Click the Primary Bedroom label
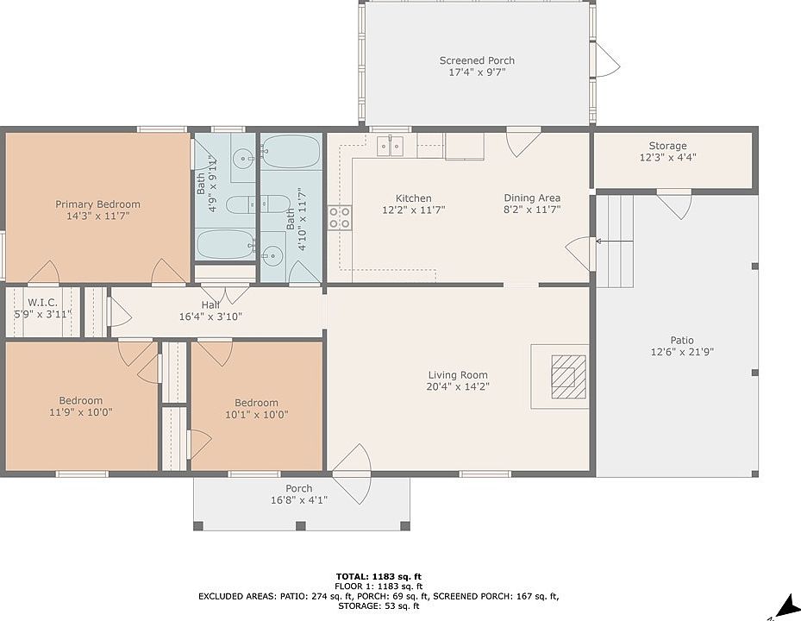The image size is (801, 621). point(97,204)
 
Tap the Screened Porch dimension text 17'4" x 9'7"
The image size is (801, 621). point(477,72)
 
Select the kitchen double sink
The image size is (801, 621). point(391,146)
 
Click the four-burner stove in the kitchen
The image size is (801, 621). point(340,217)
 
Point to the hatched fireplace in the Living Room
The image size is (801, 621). point(568,377)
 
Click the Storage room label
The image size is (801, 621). point(667,146)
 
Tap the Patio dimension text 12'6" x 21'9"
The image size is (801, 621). point(682,352)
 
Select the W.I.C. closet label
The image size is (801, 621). point(42,303)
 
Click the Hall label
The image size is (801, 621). point(210,305)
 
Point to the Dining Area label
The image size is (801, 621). point(532,198)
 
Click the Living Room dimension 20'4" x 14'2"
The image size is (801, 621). point(458,386)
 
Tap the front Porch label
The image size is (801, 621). point(299,489)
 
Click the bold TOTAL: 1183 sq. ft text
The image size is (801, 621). point(379,577)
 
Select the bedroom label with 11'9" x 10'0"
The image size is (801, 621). point(81,401)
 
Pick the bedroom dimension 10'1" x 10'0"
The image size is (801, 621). point(256,415)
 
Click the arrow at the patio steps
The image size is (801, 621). point(615,241)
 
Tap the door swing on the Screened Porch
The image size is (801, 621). point(608,60)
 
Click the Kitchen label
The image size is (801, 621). point(413,198)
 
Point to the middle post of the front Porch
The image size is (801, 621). point(301,525)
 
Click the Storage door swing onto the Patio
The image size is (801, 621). point(674,204)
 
